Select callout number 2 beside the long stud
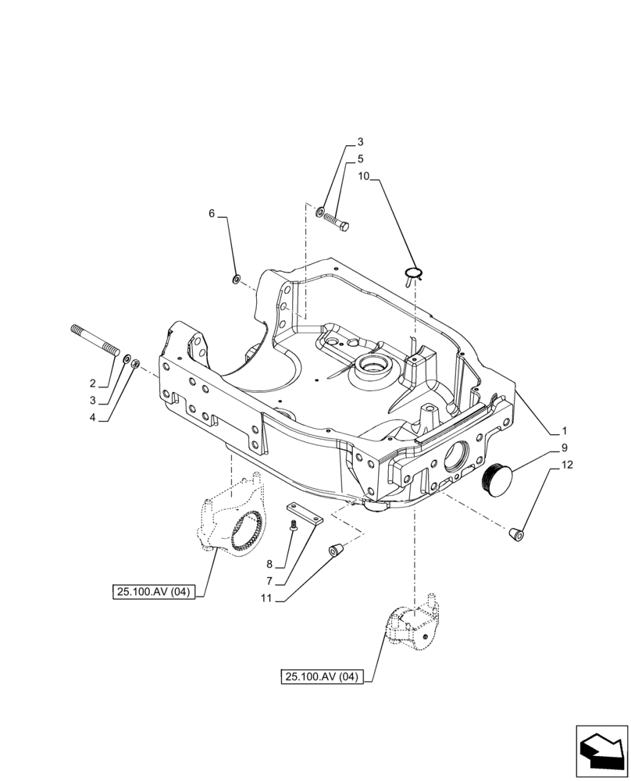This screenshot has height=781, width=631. (x=92, y=383)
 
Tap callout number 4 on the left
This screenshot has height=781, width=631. (x=92, y=418)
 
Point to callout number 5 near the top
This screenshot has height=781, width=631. (x=360, y=159)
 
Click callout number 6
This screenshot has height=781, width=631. (x=211, y=213)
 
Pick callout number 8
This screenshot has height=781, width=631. (x=269, y=564)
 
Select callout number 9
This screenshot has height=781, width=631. (x=563, y=449)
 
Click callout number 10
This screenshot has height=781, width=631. (x=364, y=177)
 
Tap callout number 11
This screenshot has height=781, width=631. (x=266, y=600)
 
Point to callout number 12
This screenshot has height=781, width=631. (x=565, y=467)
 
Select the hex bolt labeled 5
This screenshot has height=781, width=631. (x=337, y=220)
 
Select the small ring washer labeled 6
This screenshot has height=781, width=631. (x=236, y=279)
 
